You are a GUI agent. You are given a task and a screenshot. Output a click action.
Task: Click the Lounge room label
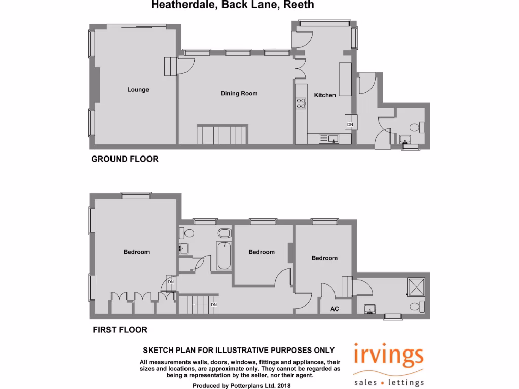pos(138,90)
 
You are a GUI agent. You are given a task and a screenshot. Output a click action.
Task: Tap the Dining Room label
pos(239,93)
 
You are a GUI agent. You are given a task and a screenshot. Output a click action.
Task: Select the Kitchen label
pos(325,95)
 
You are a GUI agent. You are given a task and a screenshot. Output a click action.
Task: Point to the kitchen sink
pos(331,138)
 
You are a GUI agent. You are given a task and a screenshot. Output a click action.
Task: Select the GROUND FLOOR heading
pos(125,159)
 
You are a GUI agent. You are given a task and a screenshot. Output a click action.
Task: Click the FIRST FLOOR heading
pos(120,330)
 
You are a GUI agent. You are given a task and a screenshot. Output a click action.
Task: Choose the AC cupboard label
pos(335,308)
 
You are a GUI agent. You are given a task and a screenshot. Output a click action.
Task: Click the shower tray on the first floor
pos(416,286)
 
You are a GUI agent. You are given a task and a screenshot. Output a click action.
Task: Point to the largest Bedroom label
pos(136,252)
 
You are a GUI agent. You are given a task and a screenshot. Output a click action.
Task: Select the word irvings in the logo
pos(388,357)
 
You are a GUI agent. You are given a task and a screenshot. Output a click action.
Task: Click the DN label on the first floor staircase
pos(214,305)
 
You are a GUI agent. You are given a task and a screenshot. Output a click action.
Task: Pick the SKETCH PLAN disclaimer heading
pos(239,350)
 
